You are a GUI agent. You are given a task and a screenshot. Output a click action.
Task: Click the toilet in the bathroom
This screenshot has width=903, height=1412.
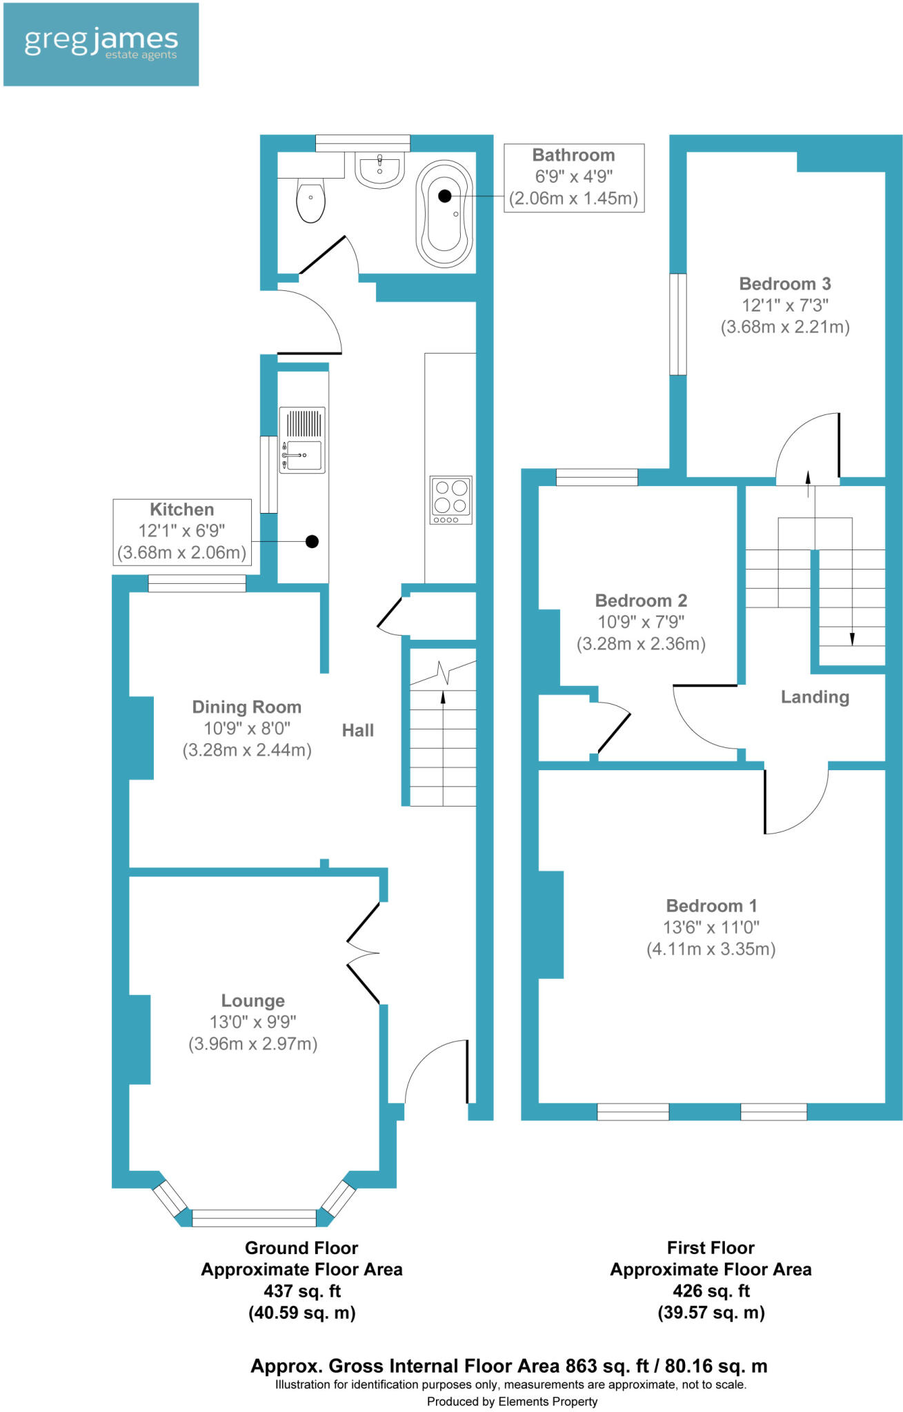(310, 200)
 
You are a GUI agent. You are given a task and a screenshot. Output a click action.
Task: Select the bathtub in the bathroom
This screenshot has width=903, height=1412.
(445, 214)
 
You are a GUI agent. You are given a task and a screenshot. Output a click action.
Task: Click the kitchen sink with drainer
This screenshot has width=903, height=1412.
(302, 441)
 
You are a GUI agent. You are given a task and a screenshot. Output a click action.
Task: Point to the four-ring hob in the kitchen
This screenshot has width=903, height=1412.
(450, 500)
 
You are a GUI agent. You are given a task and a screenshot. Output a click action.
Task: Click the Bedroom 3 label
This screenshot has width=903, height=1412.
(784, 283)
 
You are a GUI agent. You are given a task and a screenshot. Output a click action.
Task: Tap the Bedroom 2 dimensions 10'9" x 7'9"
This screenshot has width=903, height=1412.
(641, 622)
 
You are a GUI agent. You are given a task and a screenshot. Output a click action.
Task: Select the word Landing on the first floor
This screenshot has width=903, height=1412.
(814, 697)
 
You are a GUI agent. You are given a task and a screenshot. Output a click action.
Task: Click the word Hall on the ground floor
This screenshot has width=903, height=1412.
(357, 730)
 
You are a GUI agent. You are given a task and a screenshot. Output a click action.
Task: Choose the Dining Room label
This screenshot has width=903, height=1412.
(246, 707)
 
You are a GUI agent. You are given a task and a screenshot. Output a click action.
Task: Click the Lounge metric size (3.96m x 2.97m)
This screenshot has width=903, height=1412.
(252, 1044)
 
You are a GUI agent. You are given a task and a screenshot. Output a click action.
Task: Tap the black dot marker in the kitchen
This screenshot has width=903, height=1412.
(312, 542)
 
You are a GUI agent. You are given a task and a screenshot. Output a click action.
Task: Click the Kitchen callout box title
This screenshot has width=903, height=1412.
(181, 510)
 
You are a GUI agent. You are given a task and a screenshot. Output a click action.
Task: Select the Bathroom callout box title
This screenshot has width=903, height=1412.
(573, 155)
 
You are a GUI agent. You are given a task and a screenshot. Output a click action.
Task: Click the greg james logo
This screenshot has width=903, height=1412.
(101, 44)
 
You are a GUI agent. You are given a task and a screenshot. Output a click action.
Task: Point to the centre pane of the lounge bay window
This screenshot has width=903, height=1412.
(254, 1218)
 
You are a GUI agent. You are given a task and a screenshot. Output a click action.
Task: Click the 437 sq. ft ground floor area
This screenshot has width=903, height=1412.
(301, 1291)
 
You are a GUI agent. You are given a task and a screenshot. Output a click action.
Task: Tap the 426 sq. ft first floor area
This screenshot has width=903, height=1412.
(711, 1291)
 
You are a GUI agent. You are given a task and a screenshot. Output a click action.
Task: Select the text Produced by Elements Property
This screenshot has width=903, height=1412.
(512, 1401)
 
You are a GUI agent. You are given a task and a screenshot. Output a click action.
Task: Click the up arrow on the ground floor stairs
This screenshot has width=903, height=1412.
(443, 698)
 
